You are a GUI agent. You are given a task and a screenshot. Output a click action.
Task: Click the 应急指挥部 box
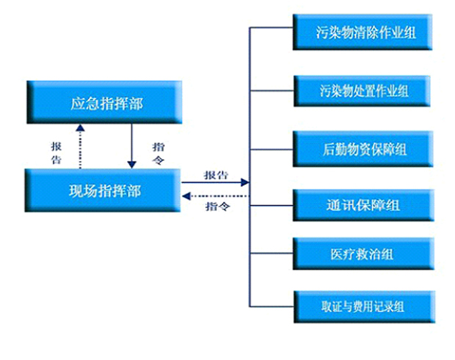(x=104, y=102)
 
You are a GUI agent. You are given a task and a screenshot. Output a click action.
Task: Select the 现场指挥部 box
(x=103, y=191)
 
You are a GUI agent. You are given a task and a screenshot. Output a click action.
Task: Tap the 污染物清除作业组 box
(x=363, y=32)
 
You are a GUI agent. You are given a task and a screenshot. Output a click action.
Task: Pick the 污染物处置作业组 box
(x=362, y=91)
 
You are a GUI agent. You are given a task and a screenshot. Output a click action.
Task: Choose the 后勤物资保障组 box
(x=363, y=149)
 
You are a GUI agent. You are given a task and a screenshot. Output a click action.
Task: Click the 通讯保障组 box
(x=363, y=205)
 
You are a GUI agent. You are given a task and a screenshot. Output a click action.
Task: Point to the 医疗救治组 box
(x=363, y=254)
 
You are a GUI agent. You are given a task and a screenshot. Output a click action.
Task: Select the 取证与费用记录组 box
(x=365, y=306)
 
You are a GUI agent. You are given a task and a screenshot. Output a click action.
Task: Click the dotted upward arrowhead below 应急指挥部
(x=80, y=128)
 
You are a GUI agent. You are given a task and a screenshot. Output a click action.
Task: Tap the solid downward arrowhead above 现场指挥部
(x=132, y=165)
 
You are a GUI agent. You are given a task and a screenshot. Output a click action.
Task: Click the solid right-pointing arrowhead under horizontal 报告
(x=245, y=183)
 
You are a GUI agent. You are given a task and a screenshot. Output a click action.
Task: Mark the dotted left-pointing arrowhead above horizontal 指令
(x=186, y=196)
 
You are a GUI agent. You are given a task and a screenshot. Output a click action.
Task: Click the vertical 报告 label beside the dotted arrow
(x=57, y=153)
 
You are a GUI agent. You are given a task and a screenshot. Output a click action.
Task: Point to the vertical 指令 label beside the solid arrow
(x=159, y=153)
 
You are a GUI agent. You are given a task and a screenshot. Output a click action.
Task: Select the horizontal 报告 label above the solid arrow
(x=216, y=175)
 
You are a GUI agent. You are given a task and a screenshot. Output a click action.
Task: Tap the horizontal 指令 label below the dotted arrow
(x=218, y=206)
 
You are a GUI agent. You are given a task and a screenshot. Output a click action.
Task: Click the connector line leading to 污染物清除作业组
(x=271, y=28)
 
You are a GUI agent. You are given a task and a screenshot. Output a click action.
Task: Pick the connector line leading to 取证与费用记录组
(x=272, y=306)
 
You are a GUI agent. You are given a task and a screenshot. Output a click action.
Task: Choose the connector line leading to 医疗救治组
(x=271, y=254)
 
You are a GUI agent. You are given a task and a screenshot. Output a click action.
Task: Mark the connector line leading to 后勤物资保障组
(x=271, y=150)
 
